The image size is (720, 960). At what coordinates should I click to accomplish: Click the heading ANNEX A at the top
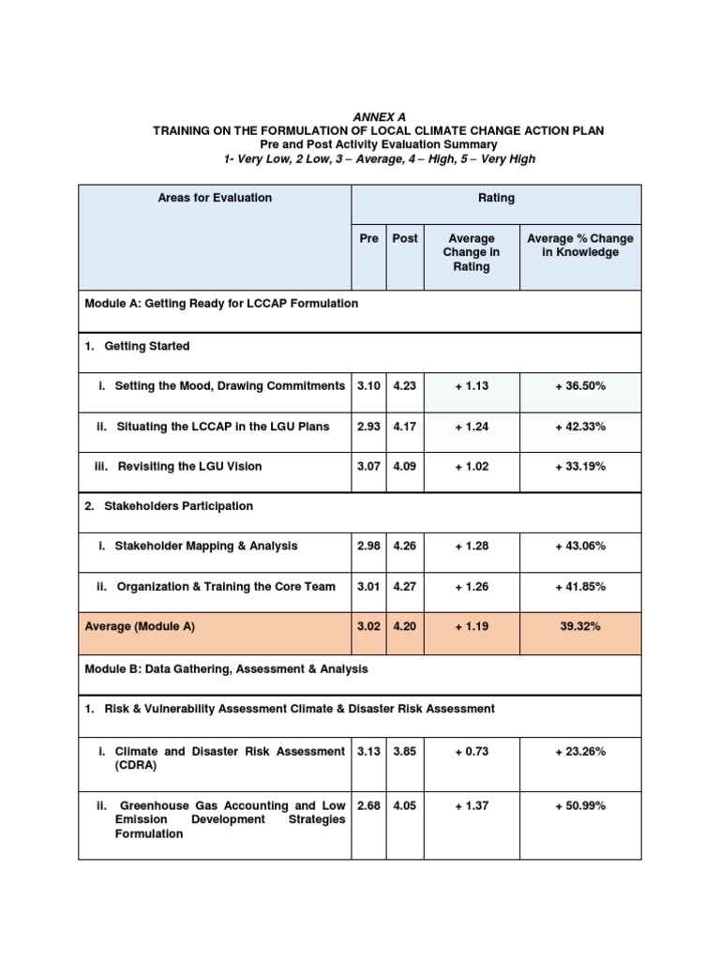click(380, 116)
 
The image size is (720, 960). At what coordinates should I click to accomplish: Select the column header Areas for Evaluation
click(216, 198)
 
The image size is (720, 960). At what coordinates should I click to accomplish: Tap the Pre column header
click(368, 238)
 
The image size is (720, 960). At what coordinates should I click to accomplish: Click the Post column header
click(405, 238)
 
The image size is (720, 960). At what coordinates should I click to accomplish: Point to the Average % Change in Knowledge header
click(580, 246)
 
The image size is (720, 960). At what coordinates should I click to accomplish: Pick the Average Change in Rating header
click(472, 252)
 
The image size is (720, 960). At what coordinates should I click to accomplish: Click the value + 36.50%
click(580, 386)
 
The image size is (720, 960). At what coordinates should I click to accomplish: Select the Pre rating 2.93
click(368, 427)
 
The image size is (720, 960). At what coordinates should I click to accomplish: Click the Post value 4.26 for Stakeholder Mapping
click(405, 547)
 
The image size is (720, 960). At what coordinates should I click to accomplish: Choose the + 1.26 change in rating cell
click(472, 587)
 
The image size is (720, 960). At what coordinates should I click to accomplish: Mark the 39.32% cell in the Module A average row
click(580, 627)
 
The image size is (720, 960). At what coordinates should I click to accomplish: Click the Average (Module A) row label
click(140, 627)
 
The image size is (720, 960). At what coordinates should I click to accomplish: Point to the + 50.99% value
click(580, 805)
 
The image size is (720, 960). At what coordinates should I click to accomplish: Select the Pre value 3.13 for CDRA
click(368, 751)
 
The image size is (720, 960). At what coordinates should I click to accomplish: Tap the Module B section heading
click(226, 668)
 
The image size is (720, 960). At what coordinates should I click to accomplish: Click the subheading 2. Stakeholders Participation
click(169, 506)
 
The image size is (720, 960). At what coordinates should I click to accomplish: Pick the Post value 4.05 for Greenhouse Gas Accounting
click(405, 805)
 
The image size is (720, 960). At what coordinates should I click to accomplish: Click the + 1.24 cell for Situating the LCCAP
click(472, 427)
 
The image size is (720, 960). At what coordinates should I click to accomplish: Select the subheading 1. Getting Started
click(138, 346)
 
